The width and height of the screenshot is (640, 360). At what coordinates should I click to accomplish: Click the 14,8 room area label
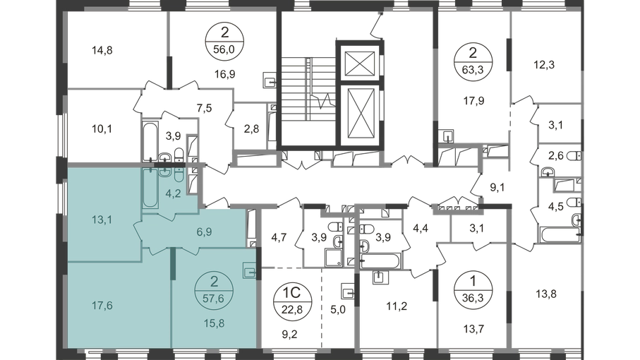[x=102, y=51]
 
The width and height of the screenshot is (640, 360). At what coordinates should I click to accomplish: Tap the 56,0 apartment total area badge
[x=225, y=41]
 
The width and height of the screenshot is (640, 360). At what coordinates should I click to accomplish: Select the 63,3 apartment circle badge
[x=473, y=61]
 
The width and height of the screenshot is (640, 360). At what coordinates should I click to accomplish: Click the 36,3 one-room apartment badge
[x=473, y=290]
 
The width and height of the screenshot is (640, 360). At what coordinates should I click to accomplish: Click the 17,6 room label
[x=102, y=306]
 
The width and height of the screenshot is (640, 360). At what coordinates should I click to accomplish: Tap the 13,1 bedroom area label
[x=102, y=220]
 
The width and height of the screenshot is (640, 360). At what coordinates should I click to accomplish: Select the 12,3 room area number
[x=544, y=64]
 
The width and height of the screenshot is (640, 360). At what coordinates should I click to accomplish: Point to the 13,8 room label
[x=546, y=294]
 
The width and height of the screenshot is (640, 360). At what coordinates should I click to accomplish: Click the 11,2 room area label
[x=397, y=306]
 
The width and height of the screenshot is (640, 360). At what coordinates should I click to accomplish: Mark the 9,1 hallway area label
[x=497, y=188]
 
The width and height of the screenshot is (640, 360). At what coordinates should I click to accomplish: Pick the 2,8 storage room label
[x=251, y=129]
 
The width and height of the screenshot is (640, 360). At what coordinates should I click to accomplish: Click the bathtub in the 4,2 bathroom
[x=150, y=188]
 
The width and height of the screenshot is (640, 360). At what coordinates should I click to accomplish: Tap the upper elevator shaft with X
[x=360, y=64]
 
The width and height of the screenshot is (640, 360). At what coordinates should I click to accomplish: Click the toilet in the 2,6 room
[x=575, y=156]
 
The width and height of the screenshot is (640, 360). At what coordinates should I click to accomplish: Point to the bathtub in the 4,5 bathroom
[x=560, y=235]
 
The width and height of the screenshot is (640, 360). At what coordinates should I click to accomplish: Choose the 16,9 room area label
[x=225, y=74]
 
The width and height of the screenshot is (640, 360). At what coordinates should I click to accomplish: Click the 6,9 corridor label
[x=204, y=232]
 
